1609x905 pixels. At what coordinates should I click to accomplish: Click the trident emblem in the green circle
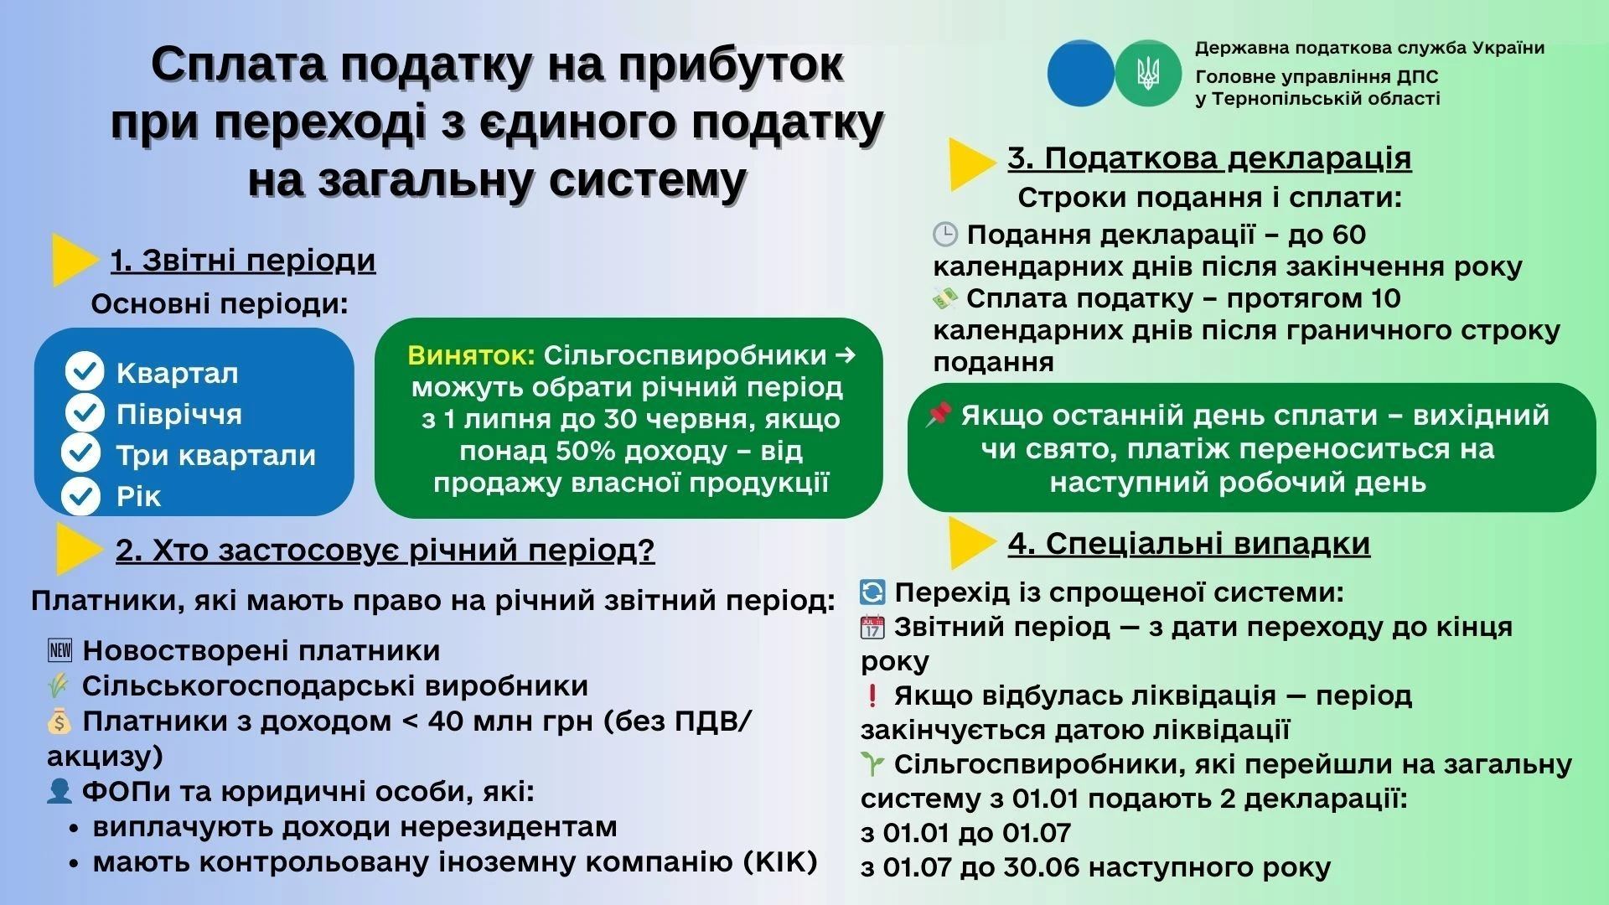coord(1147,73)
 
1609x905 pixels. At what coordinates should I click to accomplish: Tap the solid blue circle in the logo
coord(1081,73)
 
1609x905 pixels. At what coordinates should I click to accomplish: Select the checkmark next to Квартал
coord(85,372)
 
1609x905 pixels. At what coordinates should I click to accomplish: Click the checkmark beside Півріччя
coord(85,413)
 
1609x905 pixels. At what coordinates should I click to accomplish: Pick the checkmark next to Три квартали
coord(81,453)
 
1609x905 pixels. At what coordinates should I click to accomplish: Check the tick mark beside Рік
coord(81,495)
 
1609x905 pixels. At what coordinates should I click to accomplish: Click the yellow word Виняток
coord(471,355)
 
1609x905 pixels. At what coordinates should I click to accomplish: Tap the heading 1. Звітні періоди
coord(243,261)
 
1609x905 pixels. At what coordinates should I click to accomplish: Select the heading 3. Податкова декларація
coord(1209,158)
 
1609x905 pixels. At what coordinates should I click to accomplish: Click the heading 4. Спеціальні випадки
coord(1188,543)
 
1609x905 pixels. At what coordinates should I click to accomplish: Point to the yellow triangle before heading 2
coord(78,549)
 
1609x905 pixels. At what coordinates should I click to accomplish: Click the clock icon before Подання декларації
coord(944,235)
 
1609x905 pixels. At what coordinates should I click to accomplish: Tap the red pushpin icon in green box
coord(939,414)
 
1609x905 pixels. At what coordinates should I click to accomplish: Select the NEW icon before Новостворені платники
coord(60,650)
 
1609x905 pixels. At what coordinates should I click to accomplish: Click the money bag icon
coord(59,721)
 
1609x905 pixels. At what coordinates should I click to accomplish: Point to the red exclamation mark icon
coord(872,696)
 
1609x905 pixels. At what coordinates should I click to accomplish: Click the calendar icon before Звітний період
coord(872,627)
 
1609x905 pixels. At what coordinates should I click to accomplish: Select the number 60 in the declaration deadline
coord(1347,235)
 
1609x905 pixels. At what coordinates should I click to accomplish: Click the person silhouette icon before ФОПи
coord(59,791)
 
